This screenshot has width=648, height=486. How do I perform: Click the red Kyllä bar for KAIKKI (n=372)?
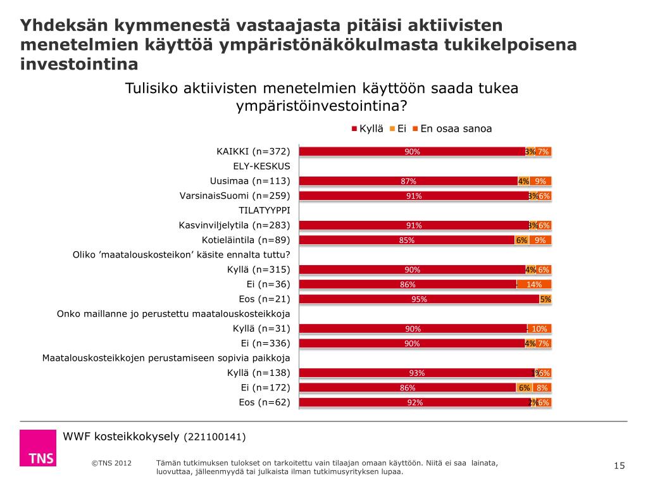(x=411, y=151)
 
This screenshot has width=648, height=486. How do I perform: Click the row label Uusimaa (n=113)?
(x=250, y=181)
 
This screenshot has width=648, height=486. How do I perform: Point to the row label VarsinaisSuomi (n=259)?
(x=235, y=196)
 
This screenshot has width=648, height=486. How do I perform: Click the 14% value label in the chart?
(x=534, y=284)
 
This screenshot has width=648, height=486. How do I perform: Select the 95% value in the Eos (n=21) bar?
(x=419, y=299)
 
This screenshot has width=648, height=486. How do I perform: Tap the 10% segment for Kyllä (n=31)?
(x=539, y=328)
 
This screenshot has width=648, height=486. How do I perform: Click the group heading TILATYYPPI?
(x=264, y=210)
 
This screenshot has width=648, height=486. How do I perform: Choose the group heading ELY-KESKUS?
(x=261, y=166)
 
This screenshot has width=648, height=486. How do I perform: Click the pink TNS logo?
(x=37, y=448)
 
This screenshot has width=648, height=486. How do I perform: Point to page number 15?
(x=620, y=466)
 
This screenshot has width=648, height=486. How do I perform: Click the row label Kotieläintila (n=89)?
(x=246, y=240)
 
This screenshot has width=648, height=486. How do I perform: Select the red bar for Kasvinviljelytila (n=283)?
(x=413, y=225)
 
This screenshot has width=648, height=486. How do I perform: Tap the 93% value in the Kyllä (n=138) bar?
(x=416, y=373)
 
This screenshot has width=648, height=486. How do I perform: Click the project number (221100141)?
(x=215, y=437)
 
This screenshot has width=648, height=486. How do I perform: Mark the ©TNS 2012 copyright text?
(x=111, y=463)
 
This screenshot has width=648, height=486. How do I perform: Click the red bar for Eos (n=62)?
(x=414, y=402)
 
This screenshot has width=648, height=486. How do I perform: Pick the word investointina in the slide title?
(x=79, y=64)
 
